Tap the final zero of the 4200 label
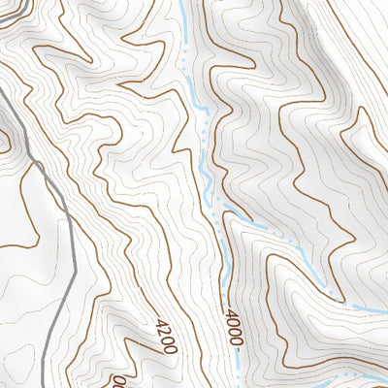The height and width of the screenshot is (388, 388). pos(173,345)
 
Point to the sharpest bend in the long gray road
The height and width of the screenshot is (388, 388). pos(36,165)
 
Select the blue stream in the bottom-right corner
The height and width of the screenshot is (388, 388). pos(349,381)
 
